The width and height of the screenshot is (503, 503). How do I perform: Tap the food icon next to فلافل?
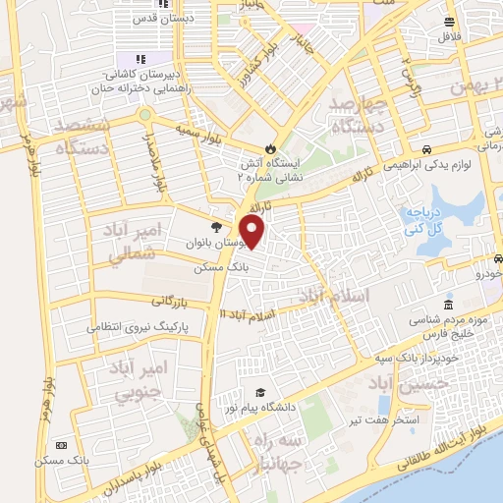tap(449, 22)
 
